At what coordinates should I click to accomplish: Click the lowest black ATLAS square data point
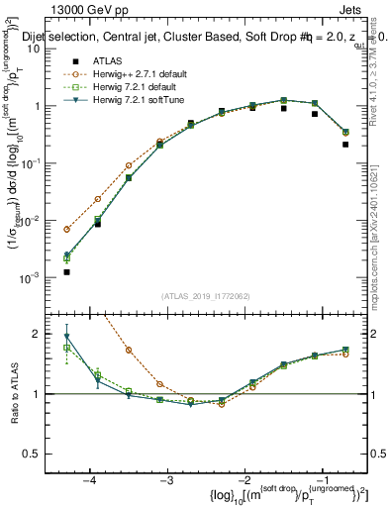66,271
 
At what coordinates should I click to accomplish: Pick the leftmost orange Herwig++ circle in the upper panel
66,229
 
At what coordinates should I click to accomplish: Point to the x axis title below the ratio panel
261,494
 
